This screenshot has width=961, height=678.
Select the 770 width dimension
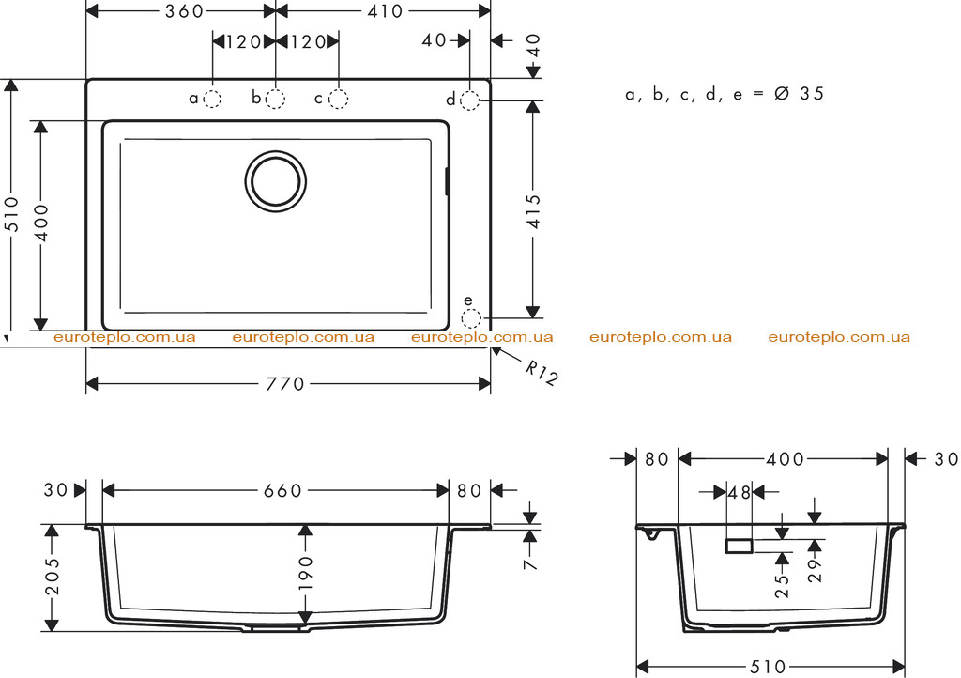coord(285,384)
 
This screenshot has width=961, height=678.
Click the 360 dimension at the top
coord(184,11)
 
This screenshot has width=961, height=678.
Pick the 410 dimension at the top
coord(384,11)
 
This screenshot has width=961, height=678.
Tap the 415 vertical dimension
coord(534,211)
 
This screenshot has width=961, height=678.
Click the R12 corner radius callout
coord(542,373)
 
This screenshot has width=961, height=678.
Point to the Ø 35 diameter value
coord(800,94)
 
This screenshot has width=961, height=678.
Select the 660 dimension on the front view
coord(283,490)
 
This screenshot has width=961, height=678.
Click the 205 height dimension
coord(53,577)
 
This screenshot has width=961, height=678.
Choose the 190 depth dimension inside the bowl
coord(306,573)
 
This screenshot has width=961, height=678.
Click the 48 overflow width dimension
coord(740,492)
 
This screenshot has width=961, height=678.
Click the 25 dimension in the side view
coord(782,586)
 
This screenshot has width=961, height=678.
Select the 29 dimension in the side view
coord(815,571)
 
